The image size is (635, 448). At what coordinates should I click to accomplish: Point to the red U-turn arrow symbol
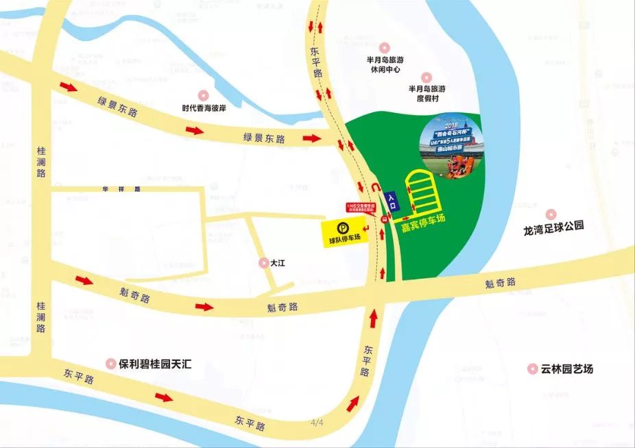[x=374, y=187]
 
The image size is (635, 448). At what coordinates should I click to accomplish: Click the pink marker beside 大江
[x=263, y=262]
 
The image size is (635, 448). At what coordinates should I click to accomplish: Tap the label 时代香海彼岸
[x=203, y=107]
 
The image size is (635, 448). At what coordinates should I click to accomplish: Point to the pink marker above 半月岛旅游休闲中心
[x=384, y=48]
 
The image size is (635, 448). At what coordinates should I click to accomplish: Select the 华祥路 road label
[x=121, y=188]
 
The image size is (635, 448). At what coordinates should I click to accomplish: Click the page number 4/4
[x=317, y=423]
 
